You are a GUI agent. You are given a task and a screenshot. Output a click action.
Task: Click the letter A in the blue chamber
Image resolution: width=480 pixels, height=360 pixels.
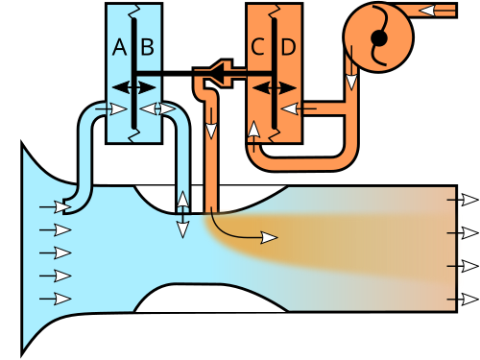[x=120, y=47]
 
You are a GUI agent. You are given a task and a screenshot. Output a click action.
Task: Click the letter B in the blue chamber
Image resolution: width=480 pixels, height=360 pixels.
[x=147, y=47]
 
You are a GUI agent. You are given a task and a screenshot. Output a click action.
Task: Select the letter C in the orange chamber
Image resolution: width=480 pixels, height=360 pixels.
[x=257, y=47]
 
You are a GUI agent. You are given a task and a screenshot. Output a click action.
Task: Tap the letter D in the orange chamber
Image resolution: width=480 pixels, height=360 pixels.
[x=288, y=47]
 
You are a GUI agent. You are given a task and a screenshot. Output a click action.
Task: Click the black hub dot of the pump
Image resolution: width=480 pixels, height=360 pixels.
[x=379, y=37]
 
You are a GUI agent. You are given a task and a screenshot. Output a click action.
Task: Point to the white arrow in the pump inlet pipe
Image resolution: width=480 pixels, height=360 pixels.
[x=437, y=11]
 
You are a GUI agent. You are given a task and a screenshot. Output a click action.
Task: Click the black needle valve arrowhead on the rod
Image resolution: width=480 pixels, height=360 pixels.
[x=221, y=74]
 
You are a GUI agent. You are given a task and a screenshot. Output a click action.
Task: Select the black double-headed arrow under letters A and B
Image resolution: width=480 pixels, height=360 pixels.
[x=134, y=87]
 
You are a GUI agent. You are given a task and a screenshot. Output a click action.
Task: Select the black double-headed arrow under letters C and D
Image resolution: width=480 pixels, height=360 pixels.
[x=275, y=87]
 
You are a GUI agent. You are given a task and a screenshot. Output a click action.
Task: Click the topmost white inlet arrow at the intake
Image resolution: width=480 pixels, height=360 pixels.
[x=55, y=207]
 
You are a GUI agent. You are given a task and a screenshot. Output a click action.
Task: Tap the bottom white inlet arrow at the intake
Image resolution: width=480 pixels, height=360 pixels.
[x=55, y=299]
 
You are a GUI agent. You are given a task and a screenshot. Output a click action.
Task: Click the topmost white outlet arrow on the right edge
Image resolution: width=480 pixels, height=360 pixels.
[x=463, y=200]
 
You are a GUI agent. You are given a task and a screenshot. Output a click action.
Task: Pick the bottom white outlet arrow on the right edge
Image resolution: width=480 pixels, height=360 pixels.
[x=463, y=300]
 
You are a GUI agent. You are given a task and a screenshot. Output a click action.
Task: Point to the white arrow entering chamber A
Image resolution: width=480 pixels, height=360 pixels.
[x=111, y=109]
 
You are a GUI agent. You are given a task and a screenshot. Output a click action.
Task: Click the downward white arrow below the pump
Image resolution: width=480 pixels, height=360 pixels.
[x=351, y=68]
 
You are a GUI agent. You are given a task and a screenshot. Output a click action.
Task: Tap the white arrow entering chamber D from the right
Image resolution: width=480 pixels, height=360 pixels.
[x=299, y=108]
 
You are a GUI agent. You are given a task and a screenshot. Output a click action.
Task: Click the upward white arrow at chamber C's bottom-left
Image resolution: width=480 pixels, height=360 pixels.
[x=253, y=136]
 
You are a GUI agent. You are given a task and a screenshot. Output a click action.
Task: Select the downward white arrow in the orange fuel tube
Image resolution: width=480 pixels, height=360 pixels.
[x=211, y=123]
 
